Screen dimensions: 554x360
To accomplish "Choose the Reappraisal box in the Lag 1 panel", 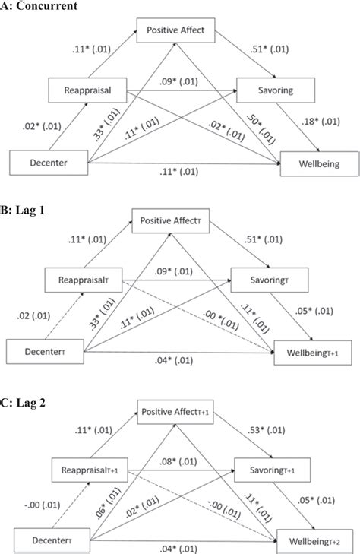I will (85, 279).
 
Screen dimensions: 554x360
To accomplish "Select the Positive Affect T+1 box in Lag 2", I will (176, 411).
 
